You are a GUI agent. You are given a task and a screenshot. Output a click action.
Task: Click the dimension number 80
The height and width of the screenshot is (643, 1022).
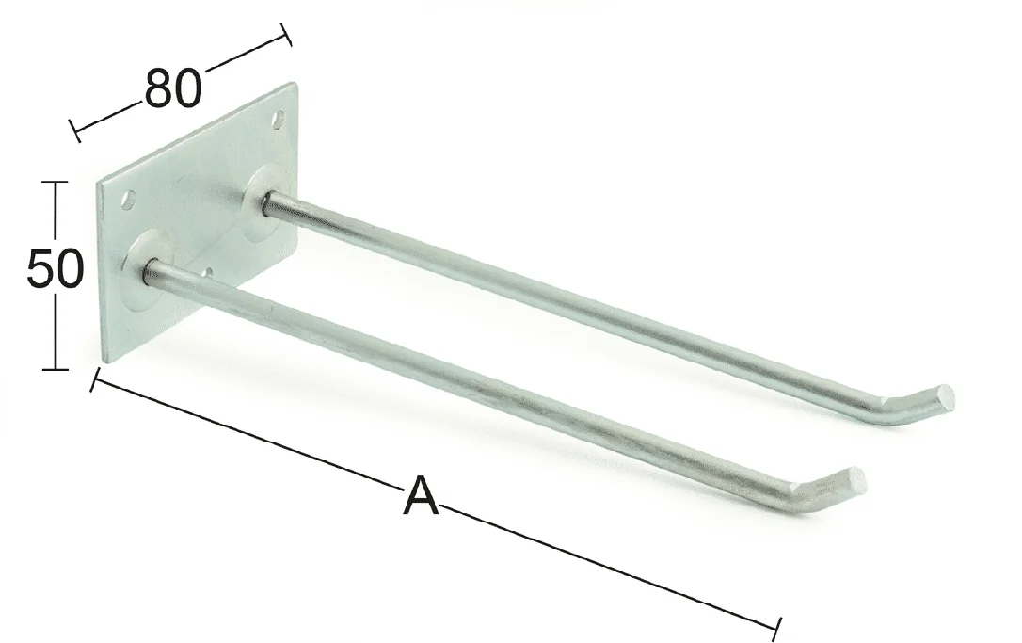point(173,88)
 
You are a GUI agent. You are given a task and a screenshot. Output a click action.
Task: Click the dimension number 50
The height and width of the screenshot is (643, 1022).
point(56,268)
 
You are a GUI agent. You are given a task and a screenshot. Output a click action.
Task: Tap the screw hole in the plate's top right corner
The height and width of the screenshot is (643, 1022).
point(279,120)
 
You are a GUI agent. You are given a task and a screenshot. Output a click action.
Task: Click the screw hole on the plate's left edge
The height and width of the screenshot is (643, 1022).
point(128,199)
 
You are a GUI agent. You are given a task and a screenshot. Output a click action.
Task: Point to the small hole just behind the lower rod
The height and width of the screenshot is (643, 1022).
point(208,273)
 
